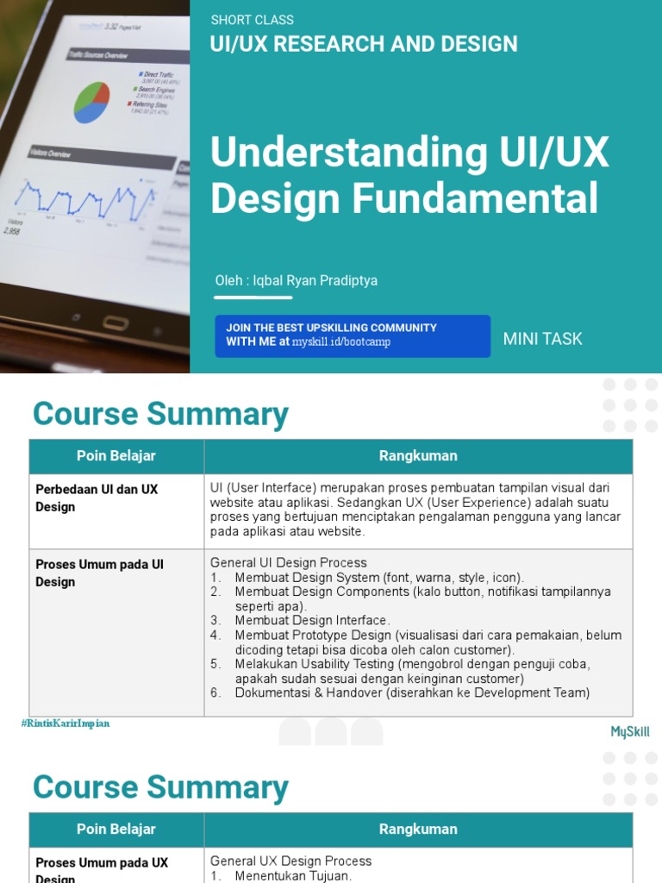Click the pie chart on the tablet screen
click(91, 103)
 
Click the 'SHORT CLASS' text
click(252, 20)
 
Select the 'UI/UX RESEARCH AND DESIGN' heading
click(364, 44)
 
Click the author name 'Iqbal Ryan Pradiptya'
click(309, 280)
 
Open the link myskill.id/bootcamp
click(341, 342)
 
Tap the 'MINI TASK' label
click(542, 339)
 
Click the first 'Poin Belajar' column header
click(116, 456)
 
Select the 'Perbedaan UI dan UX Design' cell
click(97, 498)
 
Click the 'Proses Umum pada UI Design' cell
click(99, 573)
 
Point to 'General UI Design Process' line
click(288, 562)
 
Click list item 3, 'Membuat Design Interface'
click(312, 621)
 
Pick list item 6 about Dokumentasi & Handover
click(412, 693)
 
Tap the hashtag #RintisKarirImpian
click(66, 723)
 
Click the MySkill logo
click(630, 732)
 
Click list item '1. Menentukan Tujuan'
click(293, 876)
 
